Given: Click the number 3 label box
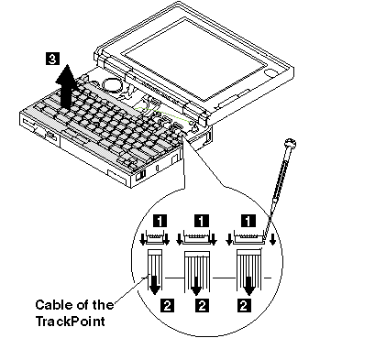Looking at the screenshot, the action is tap(52, 59).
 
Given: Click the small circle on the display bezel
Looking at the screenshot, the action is tap(271, 72).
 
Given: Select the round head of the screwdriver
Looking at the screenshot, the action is tap(290, 142).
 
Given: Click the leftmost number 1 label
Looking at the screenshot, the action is tap(160, 221).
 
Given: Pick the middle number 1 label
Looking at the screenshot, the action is tap(202, 221).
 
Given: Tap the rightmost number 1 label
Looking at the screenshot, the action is tap(248, 221).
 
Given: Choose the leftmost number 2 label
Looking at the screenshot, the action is tap(167, 305).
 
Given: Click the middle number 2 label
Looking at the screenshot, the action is tap(202, 305).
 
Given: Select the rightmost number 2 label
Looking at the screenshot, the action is tap(244, 305).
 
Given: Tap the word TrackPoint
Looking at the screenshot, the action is tap(71, 322).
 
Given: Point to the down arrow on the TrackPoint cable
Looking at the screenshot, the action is tap(155, 285).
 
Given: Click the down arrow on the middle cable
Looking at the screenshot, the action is tap(196, 286).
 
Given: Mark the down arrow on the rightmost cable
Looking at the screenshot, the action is tap(249, 286).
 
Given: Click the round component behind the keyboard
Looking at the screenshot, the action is tap(111, 85).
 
